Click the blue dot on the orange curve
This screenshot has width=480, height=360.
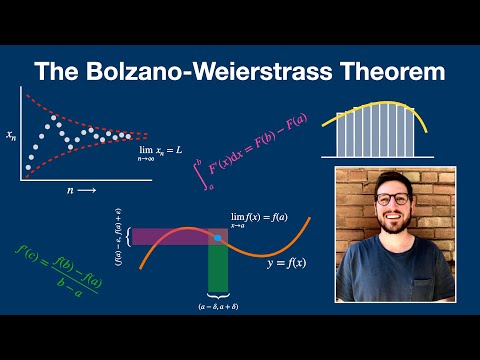218,237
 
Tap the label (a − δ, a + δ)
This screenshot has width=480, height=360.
218,305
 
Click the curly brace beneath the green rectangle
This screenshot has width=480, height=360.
218,292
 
